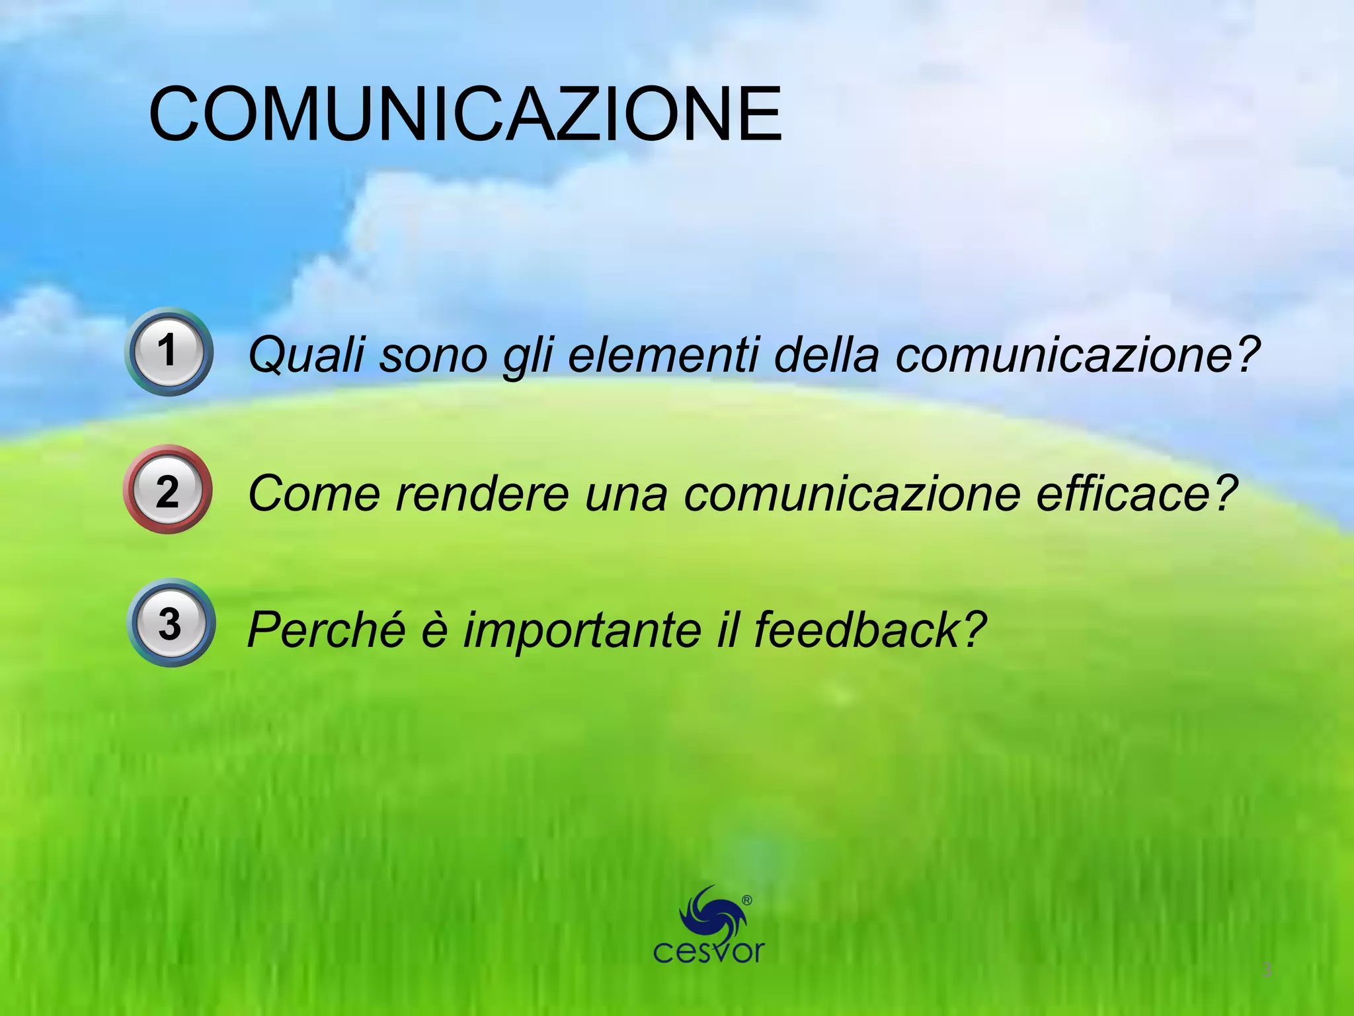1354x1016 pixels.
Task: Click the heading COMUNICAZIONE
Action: [465, 114]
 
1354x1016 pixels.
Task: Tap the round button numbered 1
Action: [169, 351]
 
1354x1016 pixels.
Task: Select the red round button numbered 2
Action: [167, 489]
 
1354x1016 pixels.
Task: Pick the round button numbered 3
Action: [171, 623]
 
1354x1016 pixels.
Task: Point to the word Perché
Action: [326, 629]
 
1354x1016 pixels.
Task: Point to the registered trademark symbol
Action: [747, 900]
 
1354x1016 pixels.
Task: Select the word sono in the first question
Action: [433, 355]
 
